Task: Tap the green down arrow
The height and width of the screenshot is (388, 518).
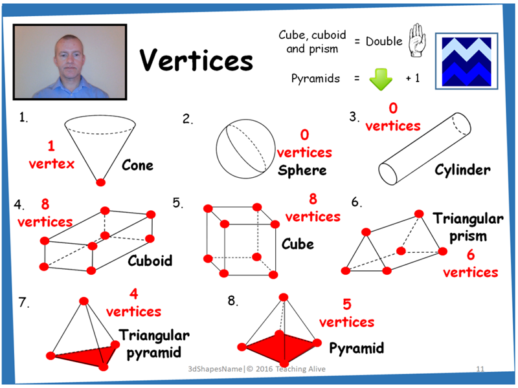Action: (x=381, y=79)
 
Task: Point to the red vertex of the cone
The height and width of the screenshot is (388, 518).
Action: (x=100, y=183)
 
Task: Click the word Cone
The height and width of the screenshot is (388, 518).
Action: (x=138, y=165)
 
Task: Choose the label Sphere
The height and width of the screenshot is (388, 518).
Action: (x=302, y=171)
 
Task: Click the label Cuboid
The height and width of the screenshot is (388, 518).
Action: (x=150, y=261)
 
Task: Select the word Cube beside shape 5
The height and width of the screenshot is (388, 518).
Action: (x=297, y=244)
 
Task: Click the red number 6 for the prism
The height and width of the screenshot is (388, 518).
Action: (x=471, y=254)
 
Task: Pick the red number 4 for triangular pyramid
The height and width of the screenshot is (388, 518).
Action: (x=133, y=295)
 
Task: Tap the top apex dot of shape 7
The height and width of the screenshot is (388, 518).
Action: (x=84, y=300)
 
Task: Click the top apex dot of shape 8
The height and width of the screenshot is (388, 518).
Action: (x=282, y=297)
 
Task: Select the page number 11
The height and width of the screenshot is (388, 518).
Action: (x=480, y=369)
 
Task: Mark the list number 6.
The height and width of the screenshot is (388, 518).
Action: (x=355, y=202)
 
